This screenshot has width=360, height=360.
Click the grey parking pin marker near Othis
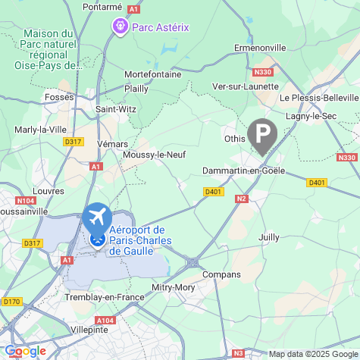coord(262,136)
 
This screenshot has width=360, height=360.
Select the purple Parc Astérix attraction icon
coord(120,27)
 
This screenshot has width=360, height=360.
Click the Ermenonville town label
coord(260,47)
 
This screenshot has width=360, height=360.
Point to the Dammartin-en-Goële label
coord(243,171)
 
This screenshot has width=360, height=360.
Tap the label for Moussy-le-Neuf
coord(154,155)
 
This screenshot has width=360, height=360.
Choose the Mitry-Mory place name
coord(174,288)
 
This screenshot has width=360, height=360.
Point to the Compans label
coord(223,274)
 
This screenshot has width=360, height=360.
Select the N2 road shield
coord(242,199)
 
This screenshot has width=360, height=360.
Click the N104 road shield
coord(26,201)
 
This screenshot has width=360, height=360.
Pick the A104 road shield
coord(105,321)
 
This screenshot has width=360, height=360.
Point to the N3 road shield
coord(238,353)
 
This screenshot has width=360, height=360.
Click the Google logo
coord(24,351)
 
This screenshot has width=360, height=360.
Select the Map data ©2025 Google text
coord(313,354)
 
